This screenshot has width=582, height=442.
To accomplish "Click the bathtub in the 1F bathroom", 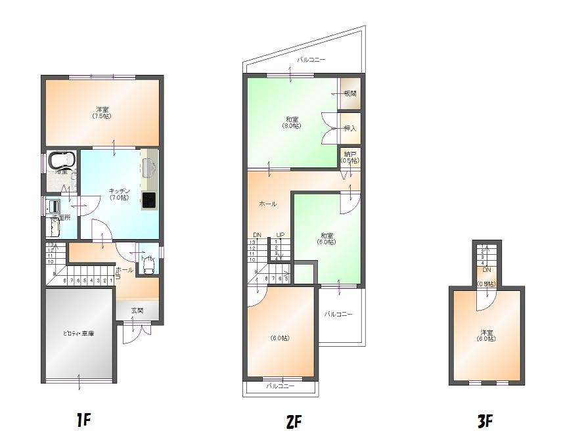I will (x=62, y=161).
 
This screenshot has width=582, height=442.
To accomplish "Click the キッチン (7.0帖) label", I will (x=120, y=194).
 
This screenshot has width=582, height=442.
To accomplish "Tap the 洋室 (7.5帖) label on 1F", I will (x=102, y=112).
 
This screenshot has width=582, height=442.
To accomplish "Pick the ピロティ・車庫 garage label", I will (x=78, y=334).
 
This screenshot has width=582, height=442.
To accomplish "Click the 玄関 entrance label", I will (x=137, y=311).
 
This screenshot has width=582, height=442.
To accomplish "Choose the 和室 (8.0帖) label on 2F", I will (x=292, y=122).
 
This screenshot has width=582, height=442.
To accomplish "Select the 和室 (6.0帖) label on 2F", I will (x=326, y=238).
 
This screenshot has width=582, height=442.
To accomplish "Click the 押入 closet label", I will (x=350, y=128).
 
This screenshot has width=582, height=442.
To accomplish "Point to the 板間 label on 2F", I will (x=350, y=94).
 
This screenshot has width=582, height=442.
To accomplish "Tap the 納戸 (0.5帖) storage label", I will (x=350, y=156).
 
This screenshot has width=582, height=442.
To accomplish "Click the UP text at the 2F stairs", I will (x=280, y=234).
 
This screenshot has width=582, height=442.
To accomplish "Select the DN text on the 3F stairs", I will (x=487, y=270).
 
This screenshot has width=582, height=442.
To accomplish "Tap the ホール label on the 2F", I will (x=268, y=204).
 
